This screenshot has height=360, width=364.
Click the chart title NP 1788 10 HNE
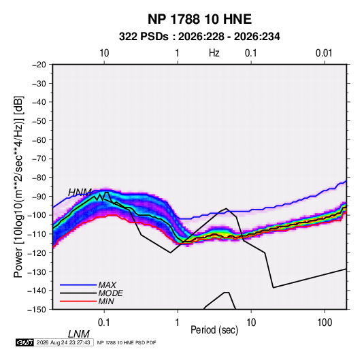[199, 19]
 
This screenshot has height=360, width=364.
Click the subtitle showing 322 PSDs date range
[199, 37]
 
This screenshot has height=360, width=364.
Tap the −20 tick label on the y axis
[39, 65]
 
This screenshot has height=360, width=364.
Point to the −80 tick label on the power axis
[39, 178]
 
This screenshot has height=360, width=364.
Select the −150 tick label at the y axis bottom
[37, 310]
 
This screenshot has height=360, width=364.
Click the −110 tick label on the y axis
[37, 234]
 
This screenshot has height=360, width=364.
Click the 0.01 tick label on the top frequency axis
[324, 53]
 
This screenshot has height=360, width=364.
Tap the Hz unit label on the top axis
[214, 53]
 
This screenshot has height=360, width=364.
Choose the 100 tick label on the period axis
[325, 323]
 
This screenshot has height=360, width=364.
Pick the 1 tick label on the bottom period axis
[178, 323]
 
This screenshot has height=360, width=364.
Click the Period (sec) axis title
[214, 330]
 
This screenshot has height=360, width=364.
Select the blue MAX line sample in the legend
[78, 284]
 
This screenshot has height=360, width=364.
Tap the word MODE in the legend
[110, 293]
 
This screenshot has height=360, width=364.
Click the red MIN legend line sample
[78, 301]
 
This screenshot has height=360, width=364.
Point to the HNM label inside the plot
[80, 193]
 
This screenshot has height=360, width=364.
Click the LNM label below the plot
[79, 334]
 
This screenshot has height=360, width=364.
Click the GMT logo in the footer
[25, 342]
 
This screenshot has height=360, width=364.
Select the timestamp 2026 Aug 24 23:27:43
[63, 342]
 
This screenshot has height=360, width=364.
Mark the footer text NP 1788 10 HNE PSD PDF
[127, 342]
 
